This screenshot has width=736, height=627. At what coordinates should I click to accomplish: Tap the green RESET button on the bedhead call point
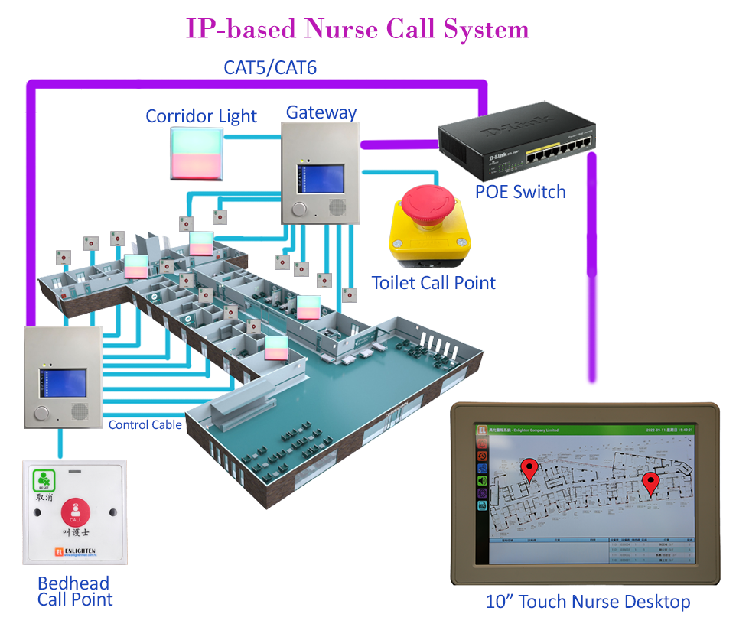pyautogui.click(x=43, y=480)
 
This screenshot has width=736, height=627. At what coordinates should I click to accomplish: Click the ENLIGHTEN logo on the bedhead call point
pyautogui.click(x=73, y=551)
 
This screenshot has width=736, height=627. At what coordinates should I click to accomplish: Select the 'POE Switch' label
pyautogui.click(x=520, y=191)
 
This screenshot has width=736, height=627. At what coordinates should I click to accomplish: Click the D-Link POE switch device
pyautogui.click(x=516, y=146)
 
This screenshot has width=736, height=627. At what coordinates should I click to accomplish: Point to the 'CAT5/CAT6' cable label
pyautogui.click(x=270, y=67)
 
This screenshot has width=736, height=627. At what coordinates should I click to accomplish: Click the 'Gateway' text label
pyautogui.click(x=321, y=112)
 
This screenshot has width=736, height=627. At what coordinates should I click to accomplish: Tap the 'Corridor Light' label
pyautogui.click(x=201, y=116)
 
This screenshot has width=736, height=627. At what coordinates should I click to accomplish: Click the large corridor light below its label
pyautogui.click(x=197, y=152)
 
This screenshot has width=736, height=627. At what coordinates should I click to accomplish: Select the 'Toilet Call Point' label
pyautogui.click(x=433, y=283)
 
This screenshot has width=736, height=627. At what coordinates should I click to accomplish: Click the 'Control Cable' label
pyautogui.click(x=145, y=425)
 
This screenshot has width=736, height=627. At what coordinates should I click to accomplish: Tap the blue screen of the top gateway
pyautogui.click(x=322, y=178)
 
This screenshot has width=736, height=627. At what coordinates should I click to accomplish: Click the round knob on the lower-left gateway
pyautogui.click(x=41, y=415)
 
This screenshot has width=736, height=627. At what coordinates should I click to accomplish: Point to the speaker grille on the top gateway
pyautogui.click(x=337, y=206)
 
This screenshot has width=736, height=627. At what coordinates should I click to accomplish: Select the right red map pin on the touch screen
pyautogui.click(x=650, y=482)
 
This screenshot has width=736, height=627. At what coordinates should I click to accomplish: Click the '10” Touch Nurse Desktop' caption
pyautogui.click(x=588, y=602)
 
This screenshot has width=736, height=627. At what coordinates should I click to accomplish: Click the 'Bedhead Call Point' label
pyautogui.click(x=74, y=591)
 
